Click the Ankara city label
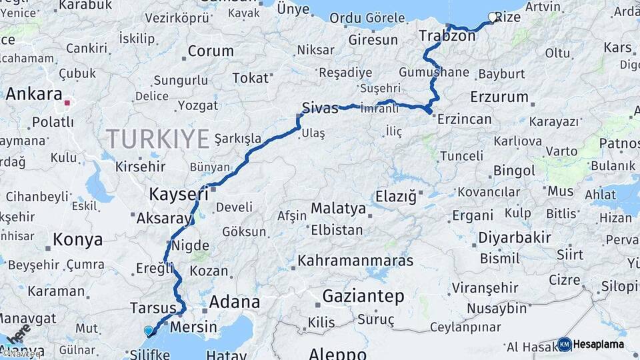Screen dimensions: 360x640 34,94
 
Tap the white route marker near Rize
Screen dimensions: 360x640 493,18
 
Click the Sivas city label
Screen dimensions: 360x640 319,107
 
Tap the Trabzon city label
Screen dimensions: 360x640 447,36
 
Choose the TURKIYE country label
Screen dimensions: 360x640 159,139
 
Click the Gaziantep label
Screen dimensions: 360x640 364,295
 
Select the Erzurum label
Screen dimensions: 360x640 499,97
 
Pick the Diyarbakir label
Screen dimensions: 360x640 514,237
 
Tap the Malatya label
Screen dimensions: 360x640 338,209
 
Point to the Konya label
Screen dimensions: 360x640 78,239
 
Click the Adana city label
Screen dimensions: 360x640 234,302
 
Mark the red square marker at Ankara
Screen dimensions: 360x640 67,103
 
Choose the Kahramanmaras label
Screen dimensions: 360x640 355,260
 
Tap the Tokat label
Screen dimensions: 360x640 250,78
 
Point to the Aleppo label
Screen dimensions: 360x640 337,353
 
